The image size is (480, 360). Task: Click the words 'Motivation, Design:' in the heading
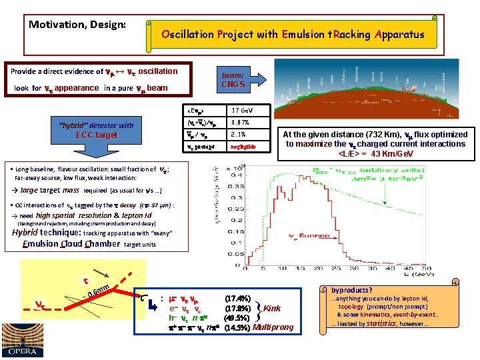click(x=77, y=25)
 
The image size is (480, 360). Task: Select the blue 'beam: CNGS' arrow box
click(x=234, y=80)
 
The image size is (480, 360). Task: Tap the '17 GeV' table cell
click(x=241, y=110)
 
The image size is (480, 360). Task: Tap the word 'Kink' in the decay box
click(x=272, y=308)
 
